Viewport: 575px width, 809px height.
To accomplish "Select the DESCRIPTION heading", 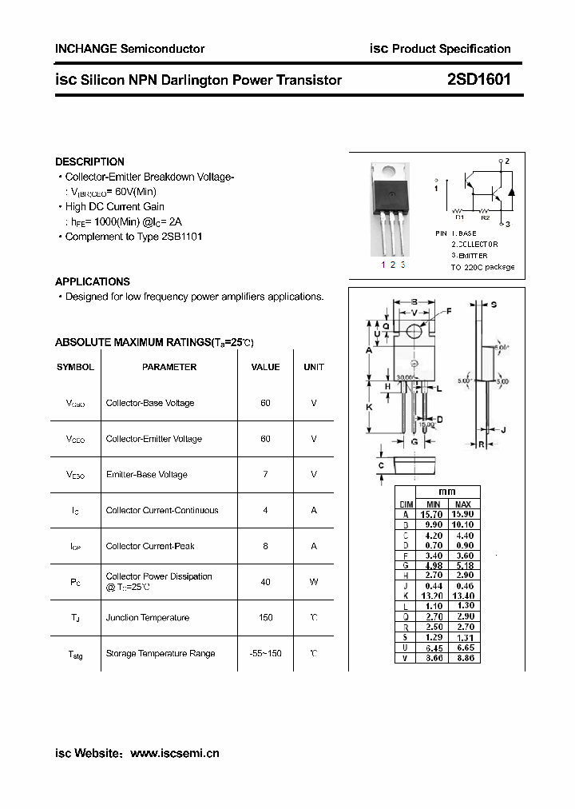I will pyautogui.click(x=89, y=161).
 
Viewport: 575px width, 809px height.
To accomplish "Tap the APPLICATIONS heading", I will pyautogui.click(x=93, y=281).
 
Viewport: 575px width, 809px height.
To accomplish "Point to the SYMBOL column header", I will pyautogui.click(x=75, y=367).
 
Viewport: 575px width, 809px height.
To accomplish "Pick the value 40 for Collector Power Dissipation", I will pyautogui.click(x=265, y=582).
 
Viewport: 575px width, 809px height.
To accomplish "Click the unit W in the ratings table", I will pyautogui.click(x=314, y=582).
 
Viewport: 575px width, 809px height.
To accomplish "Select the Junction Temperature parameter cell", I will pyautogui.click(x=148, y=618).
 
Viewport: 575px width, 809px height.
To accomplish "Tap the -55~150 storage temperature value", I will pyautogui.click(x=264, y=654).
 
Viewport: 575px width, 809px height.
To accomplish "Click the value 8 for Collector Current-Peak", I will pyautogui.click(x=265, y=546).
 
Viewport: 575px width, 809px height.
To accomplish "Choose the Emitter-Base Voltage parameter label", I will pyautogui.click(x=147, y=475).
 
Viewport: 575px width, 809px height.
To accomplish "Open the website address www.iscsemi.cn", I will pyautogui.click(x=174, y=753).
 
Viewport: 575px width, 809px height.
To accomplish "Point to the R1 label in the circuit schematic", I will pyautogui.click(x=459, y=217).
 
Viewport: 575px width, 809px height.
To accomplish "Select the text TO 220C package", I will pyautogui.click(x=482, y=267).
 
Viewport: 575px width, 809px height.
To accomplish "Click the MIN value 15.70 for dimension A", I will pyautogui.click(x=433, y=514).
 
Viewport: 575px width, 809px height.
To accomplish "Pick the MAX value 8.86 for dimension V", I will pyautogui.click(x=463, y=657).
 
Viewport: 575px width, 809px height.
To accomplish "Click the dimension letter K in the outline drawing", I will pyautogui.click(x=369, y=408).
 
